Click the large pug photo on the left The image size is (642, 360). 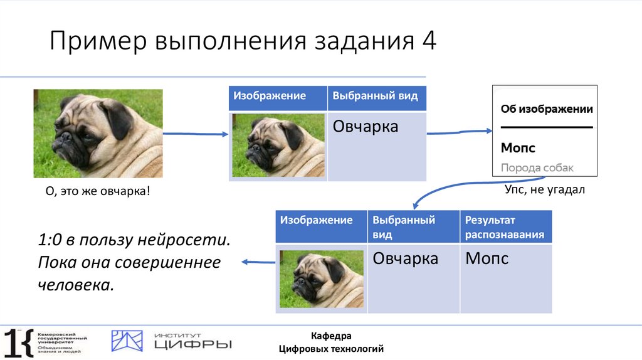(98, 133)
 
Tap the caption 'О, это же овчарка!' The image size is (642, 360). (98, 190)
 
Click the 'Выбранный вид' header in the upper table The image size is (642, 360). (375, 97)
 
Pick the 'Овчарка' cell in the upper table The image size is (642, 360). (366, 127)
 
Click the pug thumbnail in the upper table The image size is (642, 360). (278, 146)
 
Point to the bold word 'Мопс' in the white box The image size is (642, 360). (518, 149)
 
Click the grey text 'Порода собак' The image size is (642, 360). (537, 168)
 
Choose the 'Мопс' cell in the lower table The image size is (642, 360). (487, 258)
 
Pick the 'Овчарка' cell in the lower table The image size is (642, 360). (405, 258)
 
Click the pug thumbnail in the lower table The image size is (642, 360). (321, 278)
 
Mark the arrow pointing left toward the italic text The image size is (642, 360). (258, 262)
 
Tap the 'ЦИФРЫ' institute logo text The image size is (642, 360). (193, 344)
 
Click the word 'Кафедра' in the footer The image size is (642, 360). (331, 336)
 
